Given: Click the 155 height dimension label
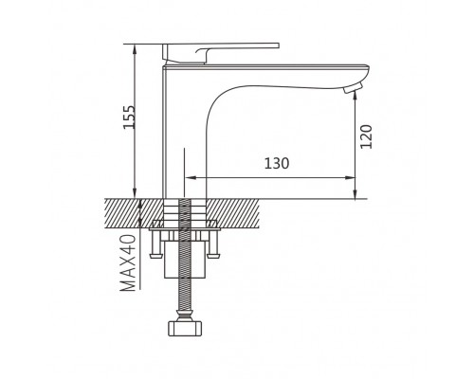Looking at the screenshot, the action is tap(129, 117).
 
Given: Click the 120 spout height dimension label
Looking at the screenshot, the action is tap(367, 136).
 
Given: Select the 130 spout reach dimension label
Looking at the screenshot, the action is tap(277, 164).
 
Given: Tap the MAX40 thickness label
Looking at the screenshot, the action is tap(128, 262).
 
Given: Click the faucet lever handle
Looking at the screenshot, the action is tap(221, 52).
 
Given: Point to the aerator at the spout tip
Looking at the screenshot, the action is tap(353, 88).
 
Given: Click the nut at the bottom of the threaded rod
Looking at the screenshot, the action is tap(185, 328).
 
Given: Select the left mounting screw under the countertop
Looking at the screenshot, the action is tap(155, 244).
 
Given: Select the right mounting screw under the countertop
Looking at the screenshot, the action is tap(213, 244).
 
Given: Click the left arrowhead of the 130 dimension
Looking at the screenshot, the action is tap(189, 178).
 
